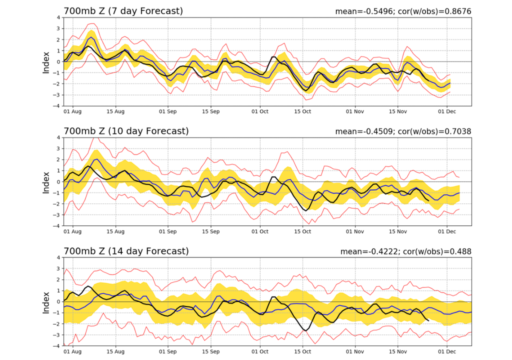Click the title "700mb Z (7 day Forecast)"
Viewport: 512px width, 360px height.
123,11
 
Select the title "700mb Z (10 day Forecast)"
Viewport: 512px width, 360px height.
125,131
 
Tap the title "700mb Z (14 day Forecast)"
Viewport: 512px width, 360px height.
125,251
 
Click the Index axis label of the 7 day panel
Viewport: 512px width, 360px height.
46,61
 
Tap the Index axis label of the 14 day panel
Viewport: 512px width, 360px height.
46,301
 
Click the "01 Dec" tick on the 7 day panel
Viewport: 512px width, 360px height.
446,112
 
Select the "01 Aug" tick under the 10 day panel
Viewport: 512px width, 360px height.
73,232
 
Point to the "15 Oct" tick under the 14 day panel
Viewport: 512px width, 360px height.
303,352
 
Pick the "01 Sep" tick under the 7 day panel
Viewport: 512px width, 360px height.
168,112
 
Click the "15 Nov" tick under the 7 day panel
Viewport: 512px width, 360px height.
398,112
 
